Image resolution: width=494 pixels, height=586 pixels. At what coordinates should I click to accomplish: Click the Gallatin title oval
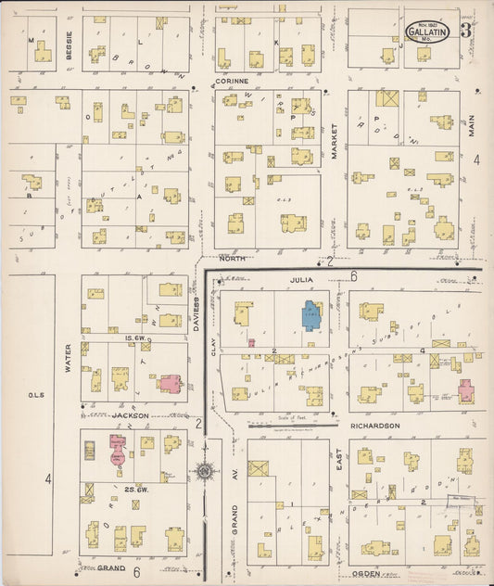423,30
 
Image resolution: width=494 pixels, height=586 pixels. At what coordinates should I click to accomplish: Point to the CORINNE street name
232,81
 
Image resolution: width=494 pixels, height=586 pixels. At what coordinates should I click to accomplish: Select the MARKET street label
334,142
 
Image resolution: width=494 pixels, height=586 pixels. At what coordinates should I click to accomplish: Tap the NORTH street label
232,259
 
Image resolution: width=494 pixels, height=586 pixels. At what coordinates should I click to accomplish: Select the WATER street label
68,358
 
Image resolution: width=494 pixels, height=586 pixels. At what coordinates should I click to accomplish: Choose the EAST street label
339,474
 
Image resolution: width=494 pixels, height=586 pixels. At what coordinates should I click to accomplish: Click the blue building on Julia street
309,316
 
